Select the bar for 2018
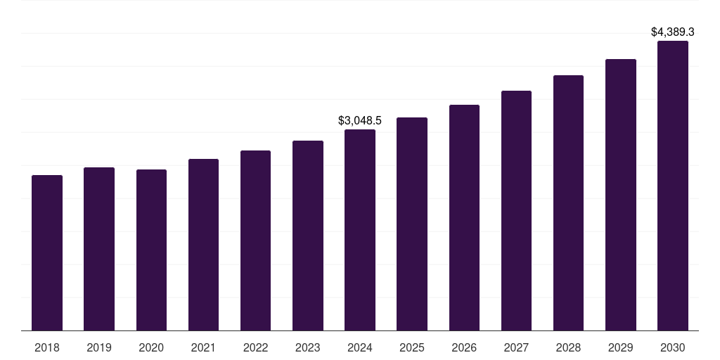(x=47, y=253)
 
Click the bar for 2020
(x=151, y=250)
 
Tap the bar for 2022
(x=255, y=240)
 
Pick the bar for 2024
(x=360, y=230)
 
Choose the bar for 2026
(x=464, y=218)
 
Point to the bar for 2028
(x=568, y=203)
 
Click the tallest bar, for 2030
(x=673, y=186)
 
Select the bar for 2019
(x=99, y=249)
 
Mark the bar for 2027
(x=516, y=211)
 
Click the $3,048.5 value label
(x=360, y=121)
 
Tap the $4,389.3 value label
(x=673, y=32)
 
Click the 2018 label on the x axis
(x=47, y=347)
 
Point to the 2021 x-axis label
(x=203, y=347)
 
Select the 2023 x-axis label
(x=308, y=347)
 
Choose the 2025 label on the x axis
(x=412, y=347)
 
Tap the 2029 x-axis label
(x=621, y=347)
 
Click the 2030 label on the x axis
(x=673, y=347)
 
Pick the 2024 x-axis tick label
(x=360, y=347)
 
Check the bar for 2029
(x=621, y=195)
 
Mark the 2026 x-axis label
(x=464, y=347)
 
